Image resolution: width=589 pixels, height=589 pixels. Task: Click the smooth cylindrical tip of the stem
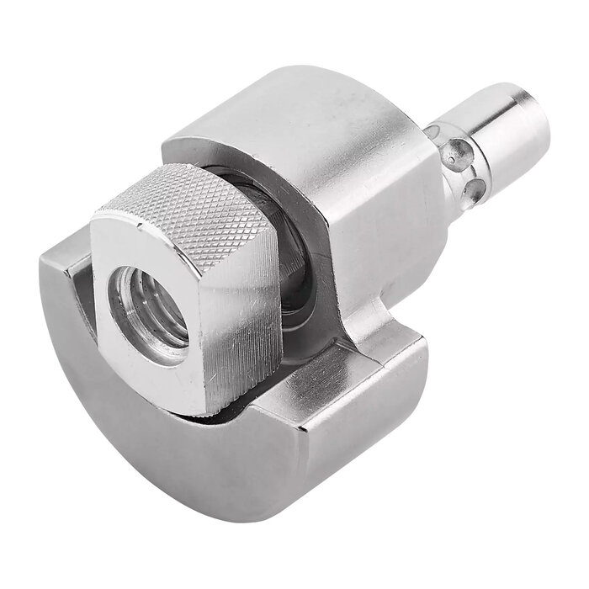click(x=505, y=126)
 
